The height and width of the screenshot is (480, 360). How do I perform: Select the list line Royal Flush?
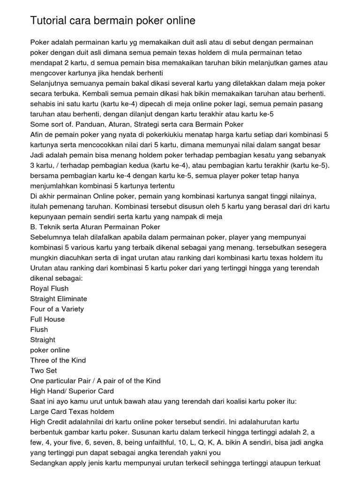tap(49, 288)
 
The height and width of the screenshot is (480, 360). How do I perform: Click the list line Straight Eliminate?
tap(59, 299)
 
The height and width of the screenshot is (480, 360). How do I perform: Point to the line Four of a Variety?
tap(57, 309)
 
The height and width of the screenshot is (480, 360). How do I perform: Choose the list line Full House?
tap(47, 319)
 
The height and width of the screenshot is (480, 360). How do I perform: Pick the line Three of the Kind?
tap(58, 360)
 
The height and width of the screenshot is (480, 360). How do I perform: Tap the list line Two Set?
tap(44, 370)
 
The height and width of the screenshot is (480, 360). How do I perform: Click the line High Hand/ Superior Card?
tap(72, 391)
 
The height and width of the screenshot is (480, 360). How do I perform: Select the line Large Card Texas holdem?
tap(72, 412)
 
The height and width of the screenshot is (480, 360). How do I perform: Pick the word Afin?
tap(37, 135)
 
